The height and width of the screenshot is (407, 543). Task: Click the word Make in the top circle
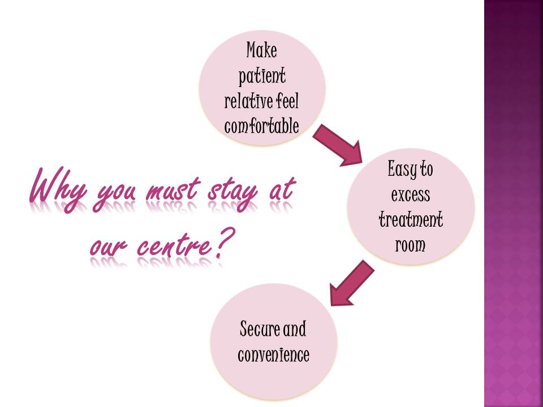click(262, 50)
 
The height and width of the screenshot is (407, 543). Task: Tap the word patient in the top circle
click(262, 76)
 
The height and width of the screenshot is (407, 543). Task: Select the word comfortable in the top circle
click(262, 126)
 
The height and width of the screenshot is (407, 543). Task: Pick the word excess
click(411, 194)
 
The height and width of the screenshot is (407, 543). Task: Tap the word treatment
click(411, 219)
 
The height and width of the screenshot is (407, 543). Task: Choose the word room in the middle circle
click(411, 245)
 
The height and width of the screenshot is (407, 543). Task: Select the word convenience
click(274, 354)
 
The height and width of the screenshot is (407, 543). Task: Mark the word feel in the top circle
click(288, 101)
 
